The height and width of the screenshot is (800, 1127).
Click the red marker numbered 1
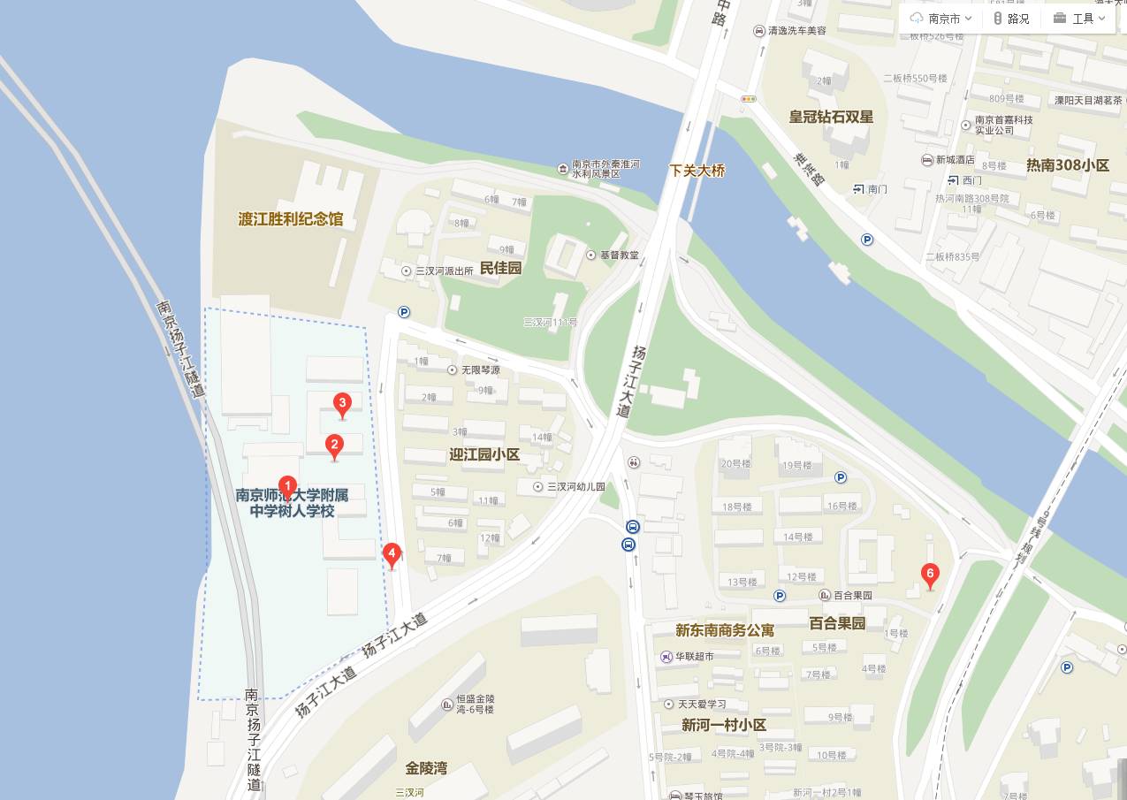coord(287,485)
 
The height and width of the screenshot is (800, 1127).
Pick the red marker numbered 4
coord(392,554)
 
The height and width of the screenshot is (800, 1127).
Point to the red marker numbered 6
coord(929,574)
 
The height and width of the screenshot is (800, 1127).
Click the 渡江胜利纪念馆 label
coord(291,219)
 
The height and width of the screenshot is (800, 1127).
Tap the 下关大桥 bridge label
coord(697,171)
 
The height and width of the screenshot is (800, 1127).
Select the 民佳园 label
coord(500,268)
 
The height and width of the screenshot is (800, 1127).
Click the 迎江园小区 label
coord(484,454)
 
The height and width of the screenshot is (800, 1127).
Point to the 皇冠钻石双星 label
coord(831,117)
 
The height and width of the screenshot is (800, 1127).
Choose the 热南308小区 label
coord(1067,165)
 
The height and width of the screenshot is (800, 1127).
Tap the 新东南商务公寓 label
coord(725,630)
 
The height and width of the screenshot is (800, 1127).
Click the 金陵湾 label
coord(426,767)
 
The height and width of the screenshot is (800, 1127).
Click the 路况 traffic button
coord(1011,19)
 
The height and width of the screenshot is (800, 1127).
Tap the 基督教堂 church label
coord(618,255)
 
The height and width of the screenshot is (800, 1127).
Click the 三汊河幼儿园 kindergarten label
coord(575,487)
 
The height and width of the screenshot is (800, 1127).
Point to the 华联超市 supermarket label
coord(694,657)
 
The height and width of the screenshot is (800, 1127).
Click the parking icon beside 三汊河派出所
coord(404,311)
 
